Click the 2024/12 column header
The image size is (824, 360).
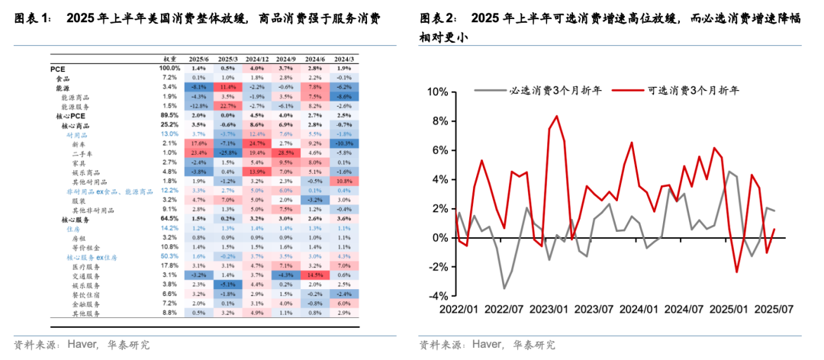point(257,58)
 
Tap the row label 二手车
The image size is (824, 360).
point(83,153)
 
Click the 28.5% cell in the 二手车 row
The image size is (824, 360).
point(286,153)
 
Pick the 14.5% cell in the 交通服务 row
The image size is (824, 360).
point(315,274)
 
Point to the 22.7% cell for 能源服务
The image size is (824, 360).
point(228,106)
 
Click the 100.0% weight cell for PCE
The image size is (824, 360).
point(169,68)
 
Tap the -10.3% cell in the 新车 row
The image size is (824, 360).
point(344,143)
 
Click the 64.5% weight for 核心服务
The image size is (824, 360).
point(169,218)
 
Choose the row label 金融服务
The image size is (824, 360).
point(86,303)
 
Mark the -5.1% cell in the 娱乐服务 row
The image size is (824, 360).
point(228,284)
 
